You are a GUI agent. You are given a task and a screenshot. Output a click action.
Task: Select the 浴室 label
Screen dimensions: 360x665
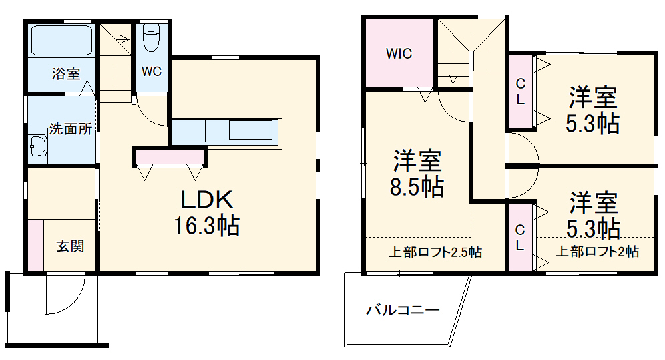[66, 74]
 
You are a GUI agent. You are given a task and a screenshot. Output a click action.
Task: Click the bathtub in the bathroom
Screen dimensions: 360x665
[61, 42]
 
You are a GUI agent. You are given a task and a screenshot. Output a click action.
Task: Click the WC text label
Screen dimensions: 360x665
[152, 72]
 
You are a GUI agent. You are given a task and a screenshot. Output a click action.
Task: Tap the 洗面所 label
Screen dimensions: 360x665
[70, 130]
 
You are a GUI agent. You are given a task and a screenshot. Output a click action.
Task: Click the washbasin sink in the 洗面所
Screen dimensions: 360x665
[37, 146]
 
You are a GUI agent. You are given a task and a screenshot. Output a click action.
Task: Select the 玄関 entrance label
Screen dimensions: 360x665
[69, 246]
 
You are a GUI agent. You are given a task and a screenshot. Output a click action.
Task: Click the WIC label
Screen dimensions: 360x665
[399, 53]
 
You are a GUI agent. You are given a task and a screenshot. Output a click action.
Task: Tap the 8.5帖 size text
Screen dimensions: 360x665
[417, 188]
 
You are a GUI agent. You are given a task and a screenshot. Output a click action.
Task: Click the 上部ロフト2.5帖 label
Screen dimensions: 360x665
[435, 252]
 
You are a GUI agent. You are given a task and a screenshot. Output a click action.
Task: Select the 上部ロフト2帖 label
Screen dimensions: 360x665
[598, 252]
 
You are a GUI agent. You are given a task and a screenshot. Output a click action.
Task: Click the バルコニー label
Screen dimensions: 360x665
[403, 310]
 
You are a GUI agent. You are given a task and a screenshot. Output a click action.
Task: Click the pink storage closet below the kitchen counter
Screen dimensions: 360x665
[170, 157]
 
